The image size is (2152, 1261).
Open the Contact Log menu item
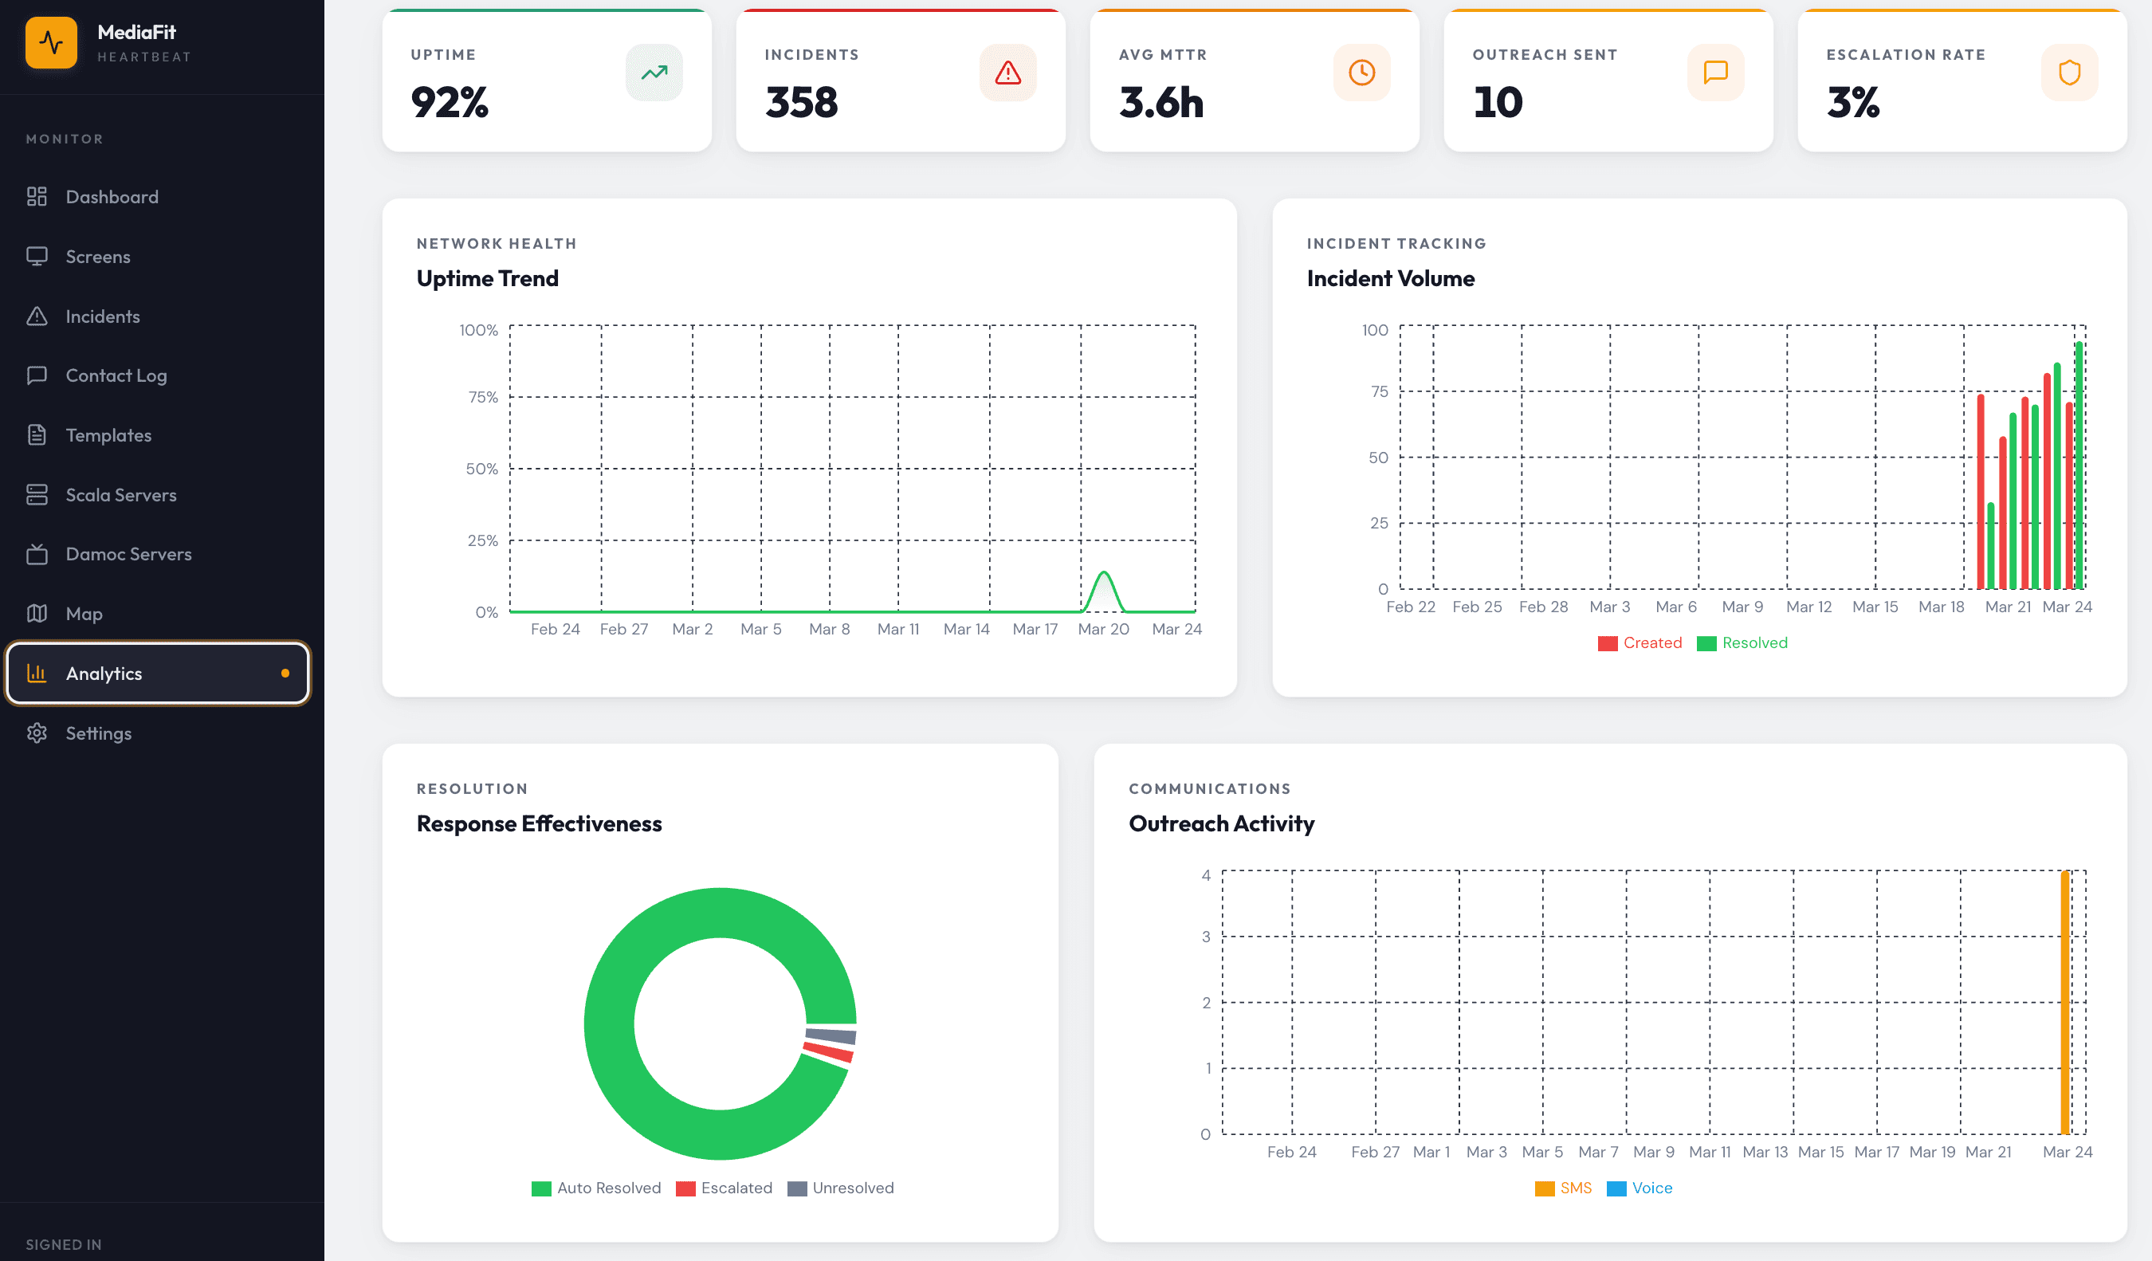pyautogui.click(x=116, y=375)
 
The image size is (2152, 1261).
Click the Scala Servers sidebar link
pyautogui.click(x=120, y=495)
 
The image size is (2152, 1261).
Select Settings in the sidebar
pyautogui.click(x=98, y=733)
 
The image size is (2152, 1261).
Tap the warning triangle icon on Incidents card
pyautogui.click(x=1007, y=73)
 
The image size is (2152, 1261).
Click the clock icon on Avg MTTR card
pyautogui.click(x=1361, y=73)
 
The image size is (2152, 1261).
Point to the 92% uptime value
pyautogui.click(x=450, y=103)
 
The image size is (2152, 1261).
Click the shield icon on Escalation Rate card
pyautogui.click(x=2068, y=73)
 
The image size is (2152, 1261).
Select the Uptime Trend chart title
pyautogui.click(x=487, y=278)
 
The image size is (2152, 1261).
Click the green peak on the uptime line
pyautogui.click(x=1103, y=574)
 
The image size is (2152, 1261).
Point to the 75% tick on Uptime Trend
pyautogui.click(x=482, y=397)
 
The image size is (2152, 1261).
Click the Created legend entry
pyautogui.click(x=1640, y=643)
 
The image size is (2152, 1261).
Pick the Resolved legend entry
pyautogui.click(x=1742, y=643)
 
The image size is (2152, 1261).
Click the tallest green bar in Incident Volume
pyautogui.click(x=2079, y=466)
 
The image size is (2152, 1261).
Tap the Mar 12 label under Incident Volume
pyautogui.click(x=1808, y=607)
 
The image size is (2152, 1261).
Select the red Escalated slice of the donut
pyautogui.click(x=828, y=1053)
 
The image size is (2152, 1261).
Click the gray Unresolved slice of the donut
pyautogui.click(x=831, y=1035)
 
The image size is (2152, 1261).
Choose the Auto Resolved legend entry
pyautogui.click(x=596, y=1188)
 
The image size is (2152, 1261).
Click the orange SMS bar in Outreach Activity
pyautogui.click(x=2065, y=1004)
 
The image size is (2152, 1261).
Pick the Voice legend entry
pyautogui.click(x=1640, y=1188)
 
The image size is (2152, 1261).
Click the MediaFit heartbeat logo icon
pyautogui.click(x=51, y=43)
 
